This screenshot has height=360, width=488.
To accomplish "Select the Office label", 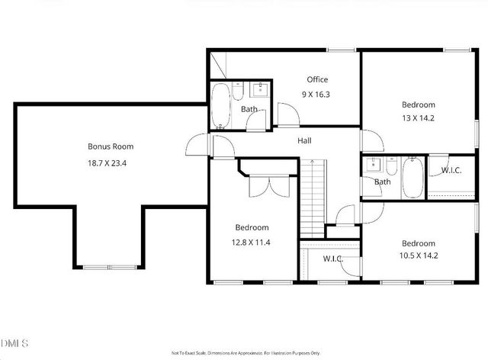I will [317, 79].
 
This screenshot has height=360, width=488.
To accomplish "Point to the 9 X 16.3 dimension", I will [317, 95].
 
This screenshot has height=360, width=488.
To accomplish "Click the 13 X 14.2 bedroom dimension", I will [418, 118].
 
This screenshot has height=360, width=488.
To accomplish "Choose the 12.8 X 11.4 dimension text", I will [252, 242].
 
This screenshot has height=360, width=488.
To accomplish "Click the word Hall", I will [304, 140].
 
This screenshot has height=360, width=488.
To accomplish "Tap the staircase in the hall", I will [311, 198].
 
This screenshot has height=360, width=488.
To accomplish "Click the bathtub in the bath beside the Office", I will [220, 106].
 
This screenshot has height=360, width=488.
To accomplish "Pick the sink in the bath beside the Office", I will [259, 89].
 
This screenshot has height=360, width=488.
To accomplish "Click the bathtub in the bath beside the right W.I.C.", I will [413, 177].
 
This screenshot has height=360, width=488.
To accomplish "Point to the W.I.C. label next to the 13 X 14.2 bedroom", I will [451, 170].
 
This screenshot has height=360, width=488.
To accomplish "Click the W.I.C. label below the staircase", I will [332, 259].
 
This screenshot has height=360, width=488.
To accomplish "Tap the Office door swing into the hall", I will [287, 116].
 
